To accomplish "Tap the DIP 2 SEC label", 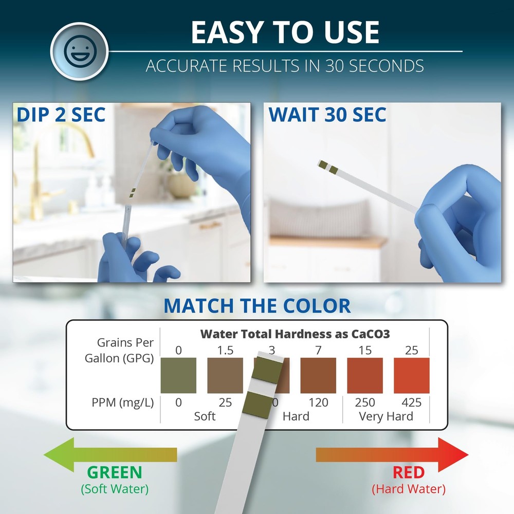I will (61, 114).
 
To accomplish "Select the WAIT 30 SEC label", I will (327, 115).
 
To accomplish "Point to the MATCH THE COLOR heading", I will (257, 305).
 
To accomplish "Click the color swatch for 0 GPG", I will (178, 376).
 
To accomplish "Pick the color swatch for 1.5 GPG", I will (225, 376).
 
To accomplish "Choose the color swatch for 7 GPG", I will (318, 376).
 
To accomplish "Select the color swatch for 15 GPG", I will (365, 376).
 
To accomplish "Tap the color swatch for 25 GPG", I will (411, 376).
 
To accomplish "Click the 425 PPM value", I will (411, 402).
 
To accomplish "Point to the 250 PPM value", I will (365, 402).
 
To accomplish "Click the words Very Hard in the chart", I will (385, 416).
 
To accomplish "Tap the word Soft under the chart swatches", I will (205, 416).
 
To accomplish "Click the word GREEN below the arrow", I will (114, 472).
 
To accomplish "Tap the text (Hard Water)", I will (409, 489).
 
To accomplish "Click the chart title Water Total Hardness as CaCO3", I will (295, 334).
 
